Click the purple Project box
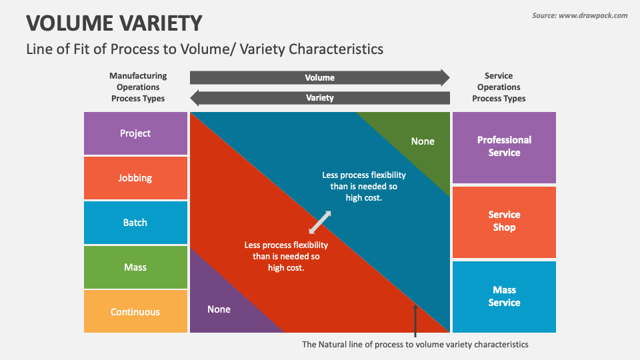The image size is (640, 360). pyautogui.click(x=135, y=133)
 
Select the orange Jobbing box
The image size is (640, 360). pyautogui.click(x=135, y=178)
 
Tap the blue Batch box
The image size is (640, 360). pyautogui.click(x=135, y=223)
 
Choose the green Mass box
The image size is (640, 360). pyautogui.click(x=135, y=267)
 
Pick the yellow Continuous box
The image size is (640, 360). pyautogui.click(x=135, y=311)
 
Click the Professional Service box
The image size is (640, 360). pyautogui.click(x=504, y=148)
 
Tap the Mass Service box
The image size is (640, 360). pyautogui.click(x=504, y=297)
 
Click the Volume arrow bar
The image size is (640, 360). pyautogui.click(x=320, y=77)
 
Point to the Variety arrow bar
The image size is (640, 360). pyautogui.click(x=320, y=98)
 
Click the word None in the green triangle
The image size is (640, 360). pyautogui.click(x=423, y=141)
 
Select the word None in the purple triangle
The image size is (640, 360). pyautogui.click(x=219, y=309)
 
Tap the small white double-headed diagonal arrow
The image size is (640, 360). pyautogui.click(x=320, y=223)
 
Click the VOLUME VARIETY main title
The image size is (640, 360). pyautogui.click(x=114, y=23)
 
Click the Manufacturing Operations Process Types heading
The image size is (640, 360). pyautogui.click(x=138, y=87)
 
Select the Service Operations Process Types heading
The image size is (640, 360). pyautogui.click(x=499, y=87)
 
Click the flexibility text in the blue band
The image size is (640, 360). pyautogui.click(x=364, y=186)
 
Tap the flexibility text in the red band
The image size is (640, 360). pyautogui.click(x=286, y=256)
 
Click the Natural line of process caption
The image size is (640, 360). pyautogui.click(x=415, y=345)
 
